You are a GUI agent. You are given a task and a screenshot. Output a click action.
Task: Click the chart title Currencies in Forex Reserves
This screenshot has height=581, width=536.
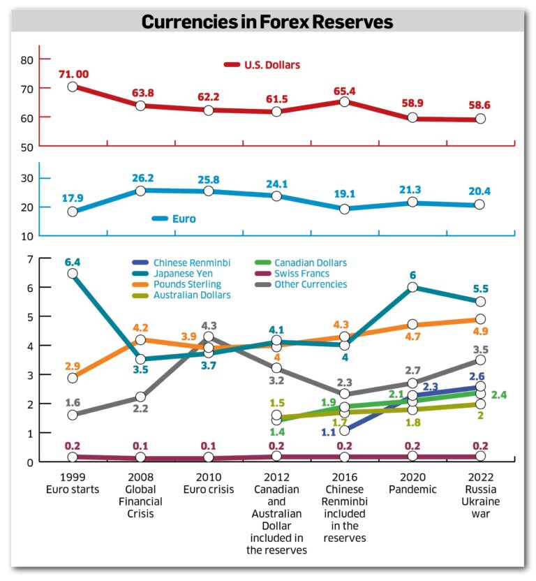click(x=267, y=22)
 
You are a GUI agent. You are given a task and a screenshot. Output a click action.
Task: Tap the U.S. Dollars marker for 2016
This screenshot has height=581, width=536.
click(x=344, y=102)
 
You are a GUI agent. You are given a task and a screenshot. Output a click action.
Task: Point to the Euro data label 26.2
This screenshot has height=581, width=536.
click(x=140, y=178)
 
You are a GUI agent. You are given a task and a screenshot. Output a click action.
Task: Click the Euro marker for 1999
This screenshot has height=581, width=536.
click(x=73, y=212)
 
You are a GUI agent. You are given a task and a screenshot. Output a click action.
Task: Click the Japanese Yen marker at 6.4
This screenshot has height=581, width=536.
click(x=73, y=274)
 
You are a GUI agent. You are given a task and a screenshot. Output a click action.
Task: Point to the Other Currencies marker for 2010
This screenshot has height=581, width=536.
click(x=208, y=337)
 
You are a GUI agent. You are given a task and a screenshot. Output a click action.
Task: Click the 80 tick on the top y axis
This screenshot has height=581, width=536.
click(x=27, y=60)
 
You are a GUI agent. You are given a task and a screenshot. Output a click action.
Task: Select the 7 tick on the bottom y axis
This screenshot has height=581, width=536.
click(x=29, y=259)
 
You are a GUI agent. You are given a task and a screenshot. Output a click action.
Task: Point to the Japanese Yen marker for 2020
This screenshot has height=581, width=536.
click(x=412, y=288)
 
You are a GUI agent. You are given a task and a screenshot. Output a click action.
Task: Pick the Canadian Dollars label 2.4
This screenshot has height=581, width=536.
click(x=498, y=395)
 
